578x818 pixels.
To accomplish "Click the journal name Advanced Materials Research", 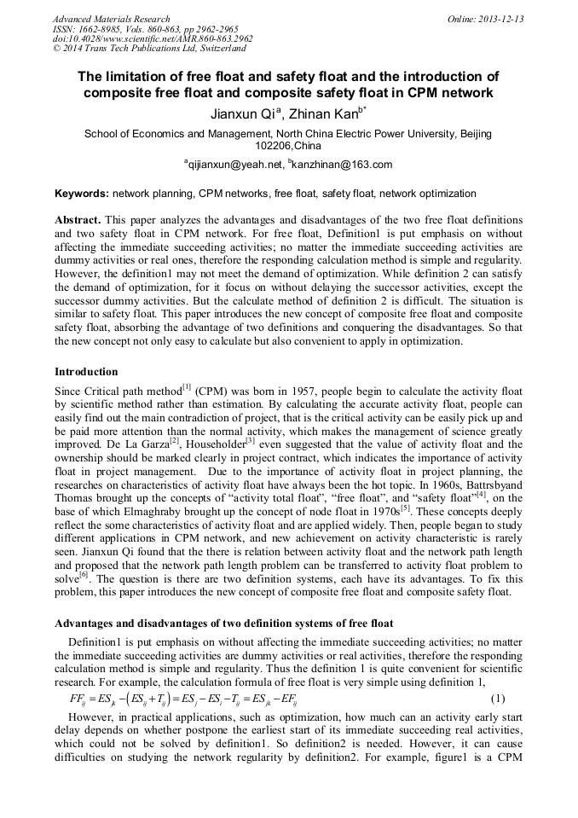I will (x=111, y=19).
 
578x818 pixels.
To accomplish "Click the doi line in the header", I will (x=153, y=38).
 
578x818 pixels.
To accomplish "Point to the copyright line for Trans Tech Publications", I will (x=149, y=49).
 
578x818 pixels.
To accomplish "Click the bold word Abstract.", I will (x=80, y=219).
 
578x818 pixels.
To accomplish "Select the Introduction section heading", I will (x=86, y=372).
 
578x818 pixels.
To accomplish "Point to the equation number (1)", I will (x=499, y=699).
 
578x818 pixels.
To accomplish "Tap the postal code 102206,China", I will (x=288, y=146).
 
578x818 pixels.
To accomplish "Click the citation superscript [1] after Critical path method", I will (x=185, y=386).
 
